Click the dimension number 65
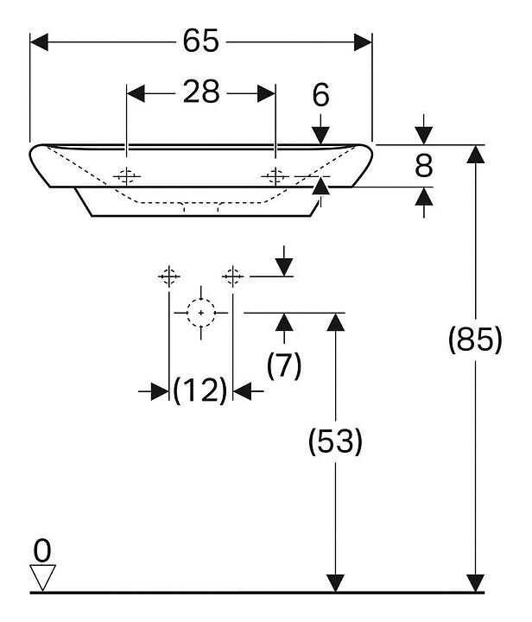200,41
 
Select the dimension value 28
201,92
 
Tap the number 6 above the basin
320,95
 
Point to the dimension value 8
423,166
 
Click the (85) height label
475,340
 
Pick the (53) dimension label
335,441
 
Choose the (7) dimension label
284,365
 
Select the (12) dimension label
200,390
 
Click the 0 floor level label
42,550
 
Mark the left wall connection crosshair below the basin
169,276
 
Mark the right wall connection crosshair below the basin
232,276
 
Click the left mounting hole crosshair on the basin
126,175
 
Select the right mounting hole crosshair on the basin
275,175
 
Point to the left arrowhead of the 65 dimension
39,42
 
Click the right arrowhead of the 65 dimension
363,42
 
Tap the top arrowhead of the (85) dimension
475,154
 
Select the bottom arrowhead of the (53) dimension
336,583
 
